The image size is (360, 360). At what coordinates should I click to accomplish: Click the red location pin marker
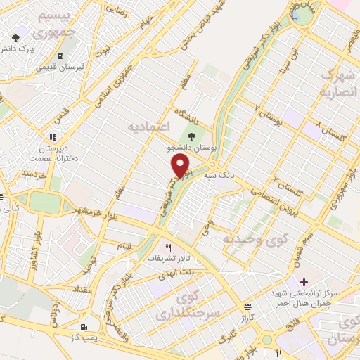point(181,165)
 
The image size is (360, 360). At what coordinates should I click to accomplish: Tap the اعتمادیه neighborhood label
point(148,126)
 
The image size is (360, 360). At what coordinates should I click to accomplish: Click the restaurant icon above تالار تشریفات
point(167,247)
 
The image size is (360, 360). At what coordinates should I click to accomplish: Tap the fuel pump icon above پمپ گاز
point(85,327)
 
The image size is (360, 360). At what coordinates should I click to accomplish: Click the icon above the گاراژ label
point(247,307)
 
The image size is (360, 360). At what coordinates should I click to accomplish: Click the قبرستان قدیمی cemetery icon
point(60,55)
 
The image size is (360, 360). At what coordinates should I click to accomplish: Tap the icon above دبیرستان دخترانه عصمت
point(52,136)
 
